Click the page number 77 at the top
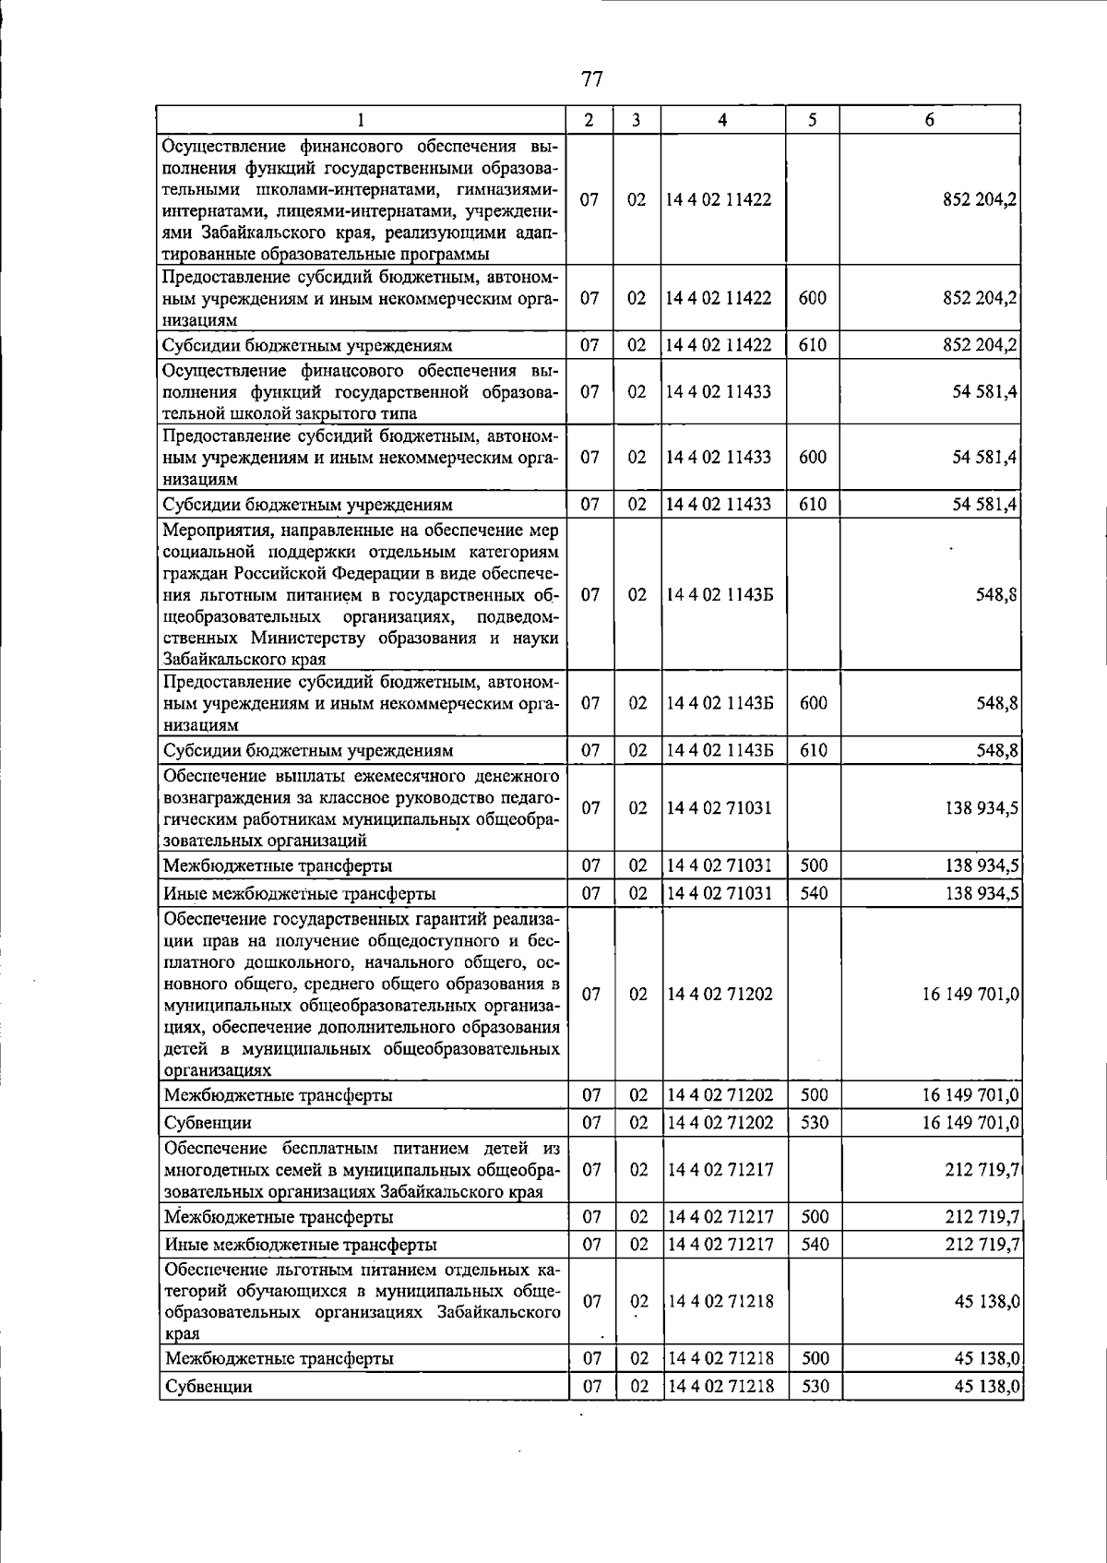[591, 79]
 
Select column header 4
[722, 120]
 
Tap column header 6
[929, 120]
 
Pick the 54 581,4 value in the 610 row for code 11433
[985, 505]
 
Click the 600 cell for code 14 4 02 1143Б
[813, 703]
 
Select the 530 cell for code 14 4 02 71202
[815, 1123]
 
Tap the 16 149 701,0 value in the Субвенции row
[970, 1123]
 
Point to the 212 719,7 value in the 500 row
[982, 1217]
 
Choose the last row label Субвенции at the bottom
[208, 1387]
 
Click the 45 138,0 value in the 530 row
[986, 1387]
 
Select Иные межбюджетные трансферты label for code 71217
[300, 1245]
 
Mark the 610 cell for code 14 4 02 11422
[813, 345]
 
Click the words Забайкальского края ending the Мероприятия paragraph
[244, 659]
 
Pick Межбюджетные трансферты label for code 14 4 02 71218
[279, 1359]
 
